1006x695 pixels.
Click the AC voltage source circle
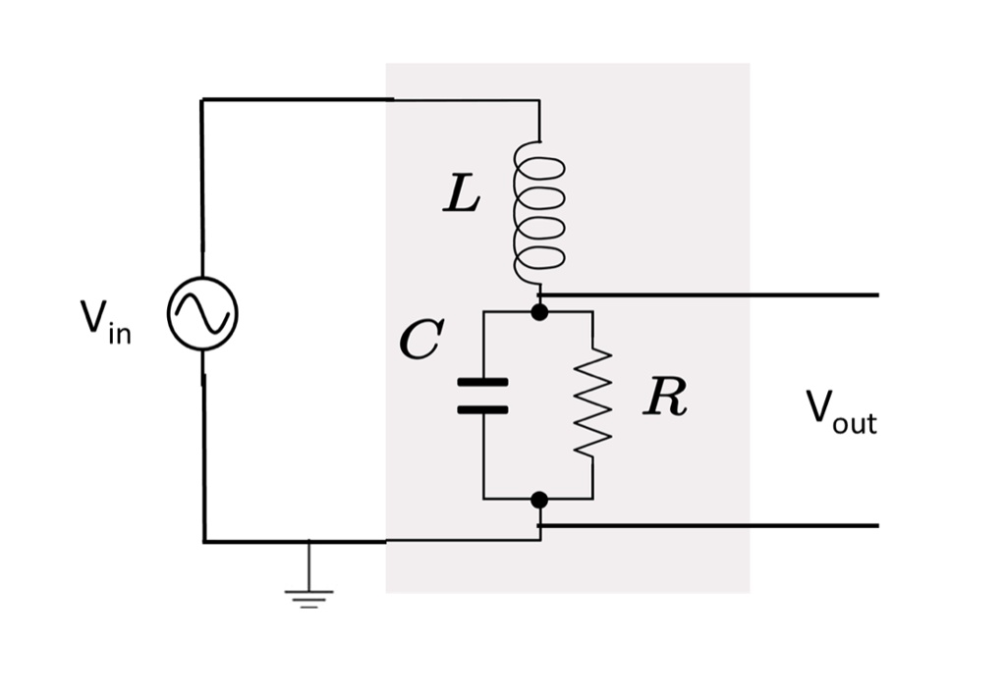202,314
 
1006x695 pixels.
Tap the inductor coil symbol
538,212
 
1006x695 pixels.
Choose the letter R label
665,398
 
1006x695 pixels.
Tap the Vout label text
841,411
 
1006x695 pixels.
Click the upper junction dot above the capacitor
538,312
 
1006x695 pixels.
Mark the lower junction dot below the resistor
538,500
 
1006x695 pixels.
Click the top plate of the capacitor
482,382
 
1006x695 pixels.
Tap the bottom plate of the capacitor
482,408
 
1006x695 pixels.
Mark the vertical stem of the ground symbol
308,564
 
